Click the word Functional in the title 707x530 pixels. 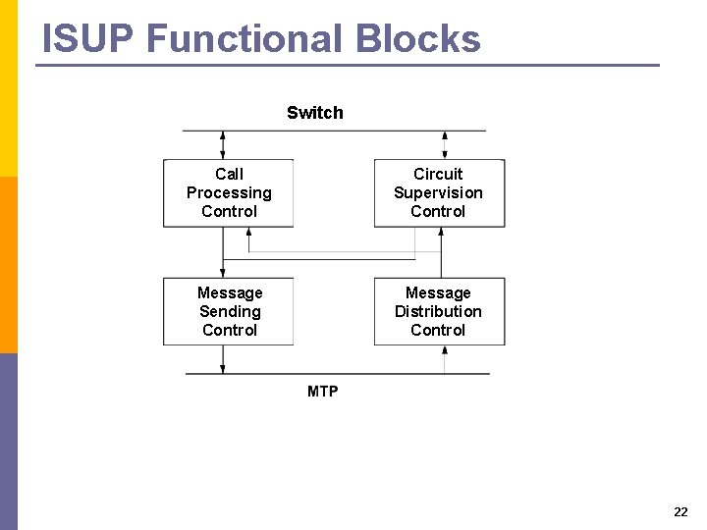coord(245,39)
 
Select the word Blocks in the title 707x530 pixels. coord(418,39)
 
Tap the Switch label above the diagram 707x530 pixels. coord(315,113)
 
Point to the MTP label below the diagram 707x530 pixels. coord(322,392)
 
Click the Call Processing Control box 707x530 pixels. coord(229,193)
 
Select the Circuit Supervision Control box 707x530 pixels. coord(439,193)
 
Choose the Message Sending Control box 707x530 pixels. coord(229,311)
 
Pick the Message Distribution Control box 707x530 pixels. coord(439,311)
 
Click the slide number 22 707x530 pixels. coord(680,512)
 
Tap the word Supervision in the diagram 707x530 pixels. coord(439,193)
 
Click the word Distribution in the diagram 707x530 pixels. coord(439,312)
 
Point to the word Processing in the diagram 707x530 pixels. coord(229,193)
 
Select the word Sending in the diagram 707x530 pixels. coord(230,312)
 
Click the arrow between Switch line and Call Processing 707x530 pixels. coord(223,145)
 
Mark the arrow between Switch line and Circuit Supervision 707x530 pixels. coord(445,145)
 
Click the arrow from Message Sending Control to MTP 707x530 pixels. coord(223,359)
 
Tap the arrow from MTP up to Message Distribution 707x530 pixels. coord(445,359)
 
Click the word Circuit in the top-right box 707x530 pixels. coord(438,175)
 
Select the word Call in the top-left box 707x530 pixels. coord(229,175)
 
